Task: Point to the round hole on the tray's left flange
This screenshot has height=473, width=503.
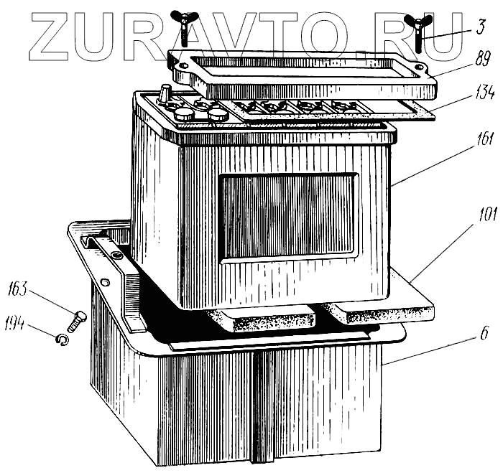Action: point(106,284)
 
